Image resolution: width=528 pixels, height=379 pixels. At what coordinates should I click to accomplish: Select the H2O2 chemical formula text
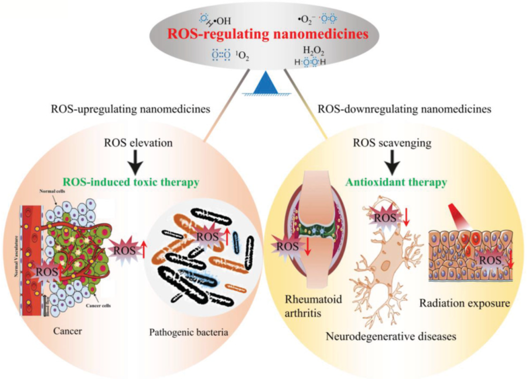point(313,51)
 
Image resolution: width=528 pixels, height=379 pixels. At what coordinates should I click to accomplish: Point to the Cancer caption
point(68,332)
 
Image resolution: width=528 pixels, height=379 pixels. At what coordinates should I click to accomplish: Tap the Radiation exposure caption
point(464,303)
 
